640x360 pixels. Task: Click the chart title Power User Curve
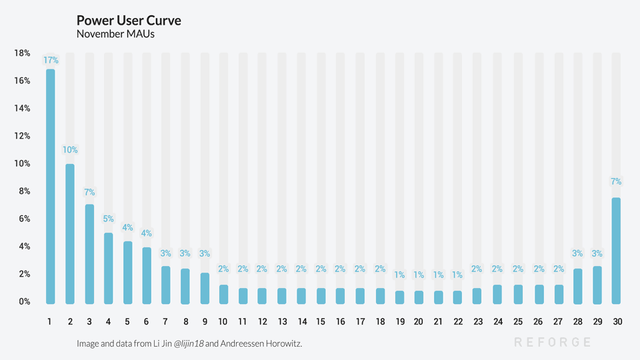pyautogui.click(x=129, y=21)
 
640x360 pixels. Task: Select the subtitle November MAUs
pyautogui.click(x=115, y=34)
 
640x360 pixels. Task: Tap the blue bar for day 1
pyautogui.click(x=50, y=187)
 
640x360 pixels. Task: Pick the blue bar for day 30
pyautogui.click(x=616, y=251)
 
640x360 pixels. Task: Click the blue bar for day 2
pyautogui.click(x=70, y=234)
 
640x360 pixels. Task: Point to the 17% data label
pyautogui.click(x=51, y=61)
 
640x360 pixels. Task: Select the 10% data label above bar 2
pyautogui.click(x=70, y=150)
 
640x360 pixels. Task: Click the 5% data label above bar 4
pyautogui.click(x=108, y=219)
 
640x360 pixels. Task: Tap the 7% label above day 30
pyautogui.click(x=616, y=181)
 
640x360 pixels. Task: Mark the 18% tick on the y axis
pyautogui.click(x=22, y=53)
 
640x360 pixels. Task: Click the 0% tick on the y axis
pyautogui.click(x=25, y=301)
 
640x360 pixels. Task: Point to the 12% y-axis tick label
pyautogui.click(x=22, y=136)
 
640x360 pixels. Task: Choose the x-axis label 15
pyautogui.click(x=321, y=321)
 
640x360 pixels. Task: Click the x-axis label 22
pyautogui.click(x=458, y=321)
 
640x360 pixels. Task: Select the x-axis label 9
pyautogui.click(x=205, y=321)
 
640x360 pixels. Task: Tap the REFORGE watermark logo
pyautogui.click(x=553, y=342)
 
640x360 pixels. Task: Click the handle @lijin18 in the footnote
pyautogui.click(x=189, y=344)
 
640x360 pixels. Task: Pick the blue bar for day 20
pyautogui.click(x=419, y=297)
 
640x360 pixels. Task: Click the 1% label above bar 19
pyautogui.click(x=399, y=275)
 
